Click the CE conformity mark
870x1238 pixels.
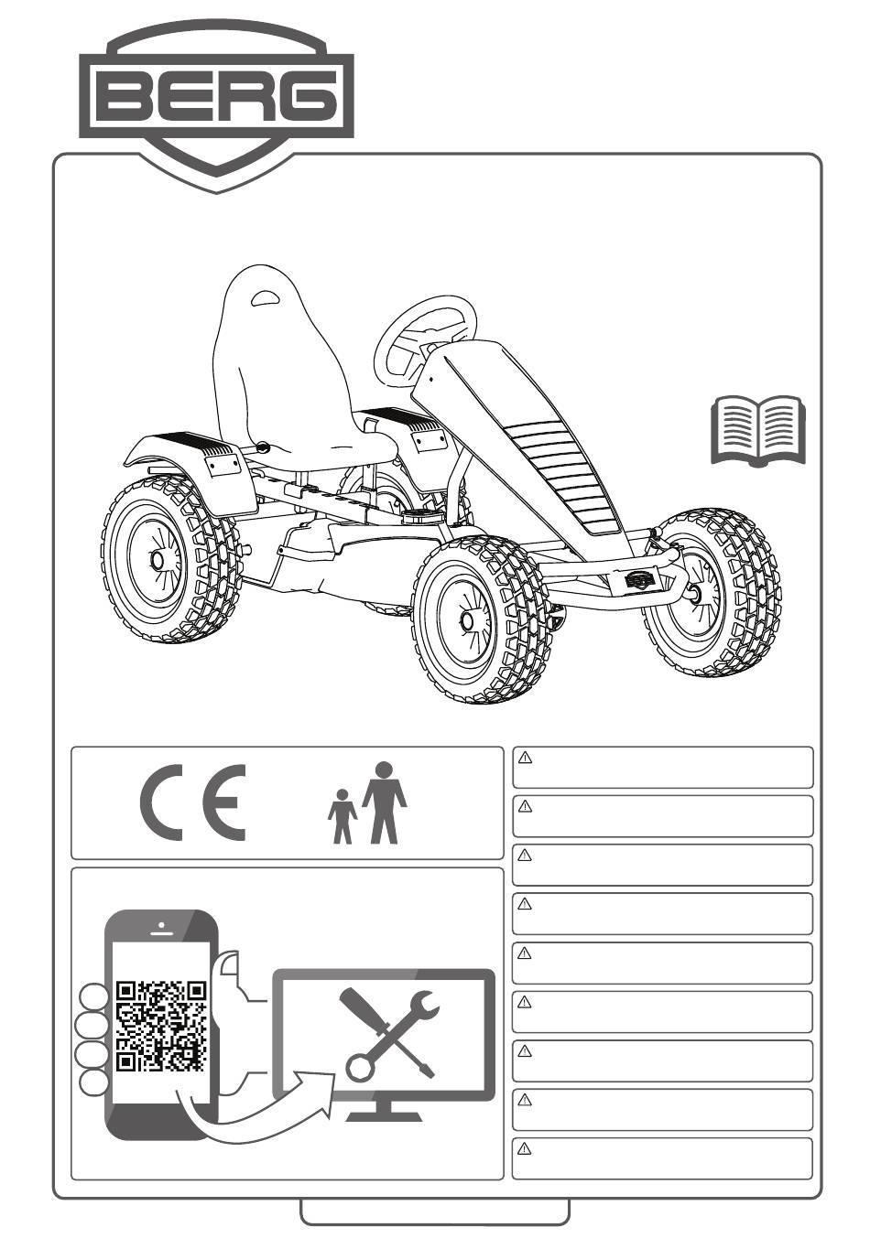[193, 803]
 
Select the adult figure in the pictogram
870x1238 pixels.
[384, 802]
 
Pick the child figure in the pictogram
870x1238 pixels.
[343, 816]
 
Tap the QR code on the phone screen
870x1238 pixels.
[161, 1026]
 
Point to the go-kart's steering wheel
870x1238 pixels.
[426, 335]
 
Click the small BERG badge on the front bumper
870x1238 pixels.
[640, 579]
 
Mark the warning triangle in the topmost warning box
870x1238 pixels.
[526, 758]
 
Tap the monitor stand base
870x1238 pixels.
[384, 1114]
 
